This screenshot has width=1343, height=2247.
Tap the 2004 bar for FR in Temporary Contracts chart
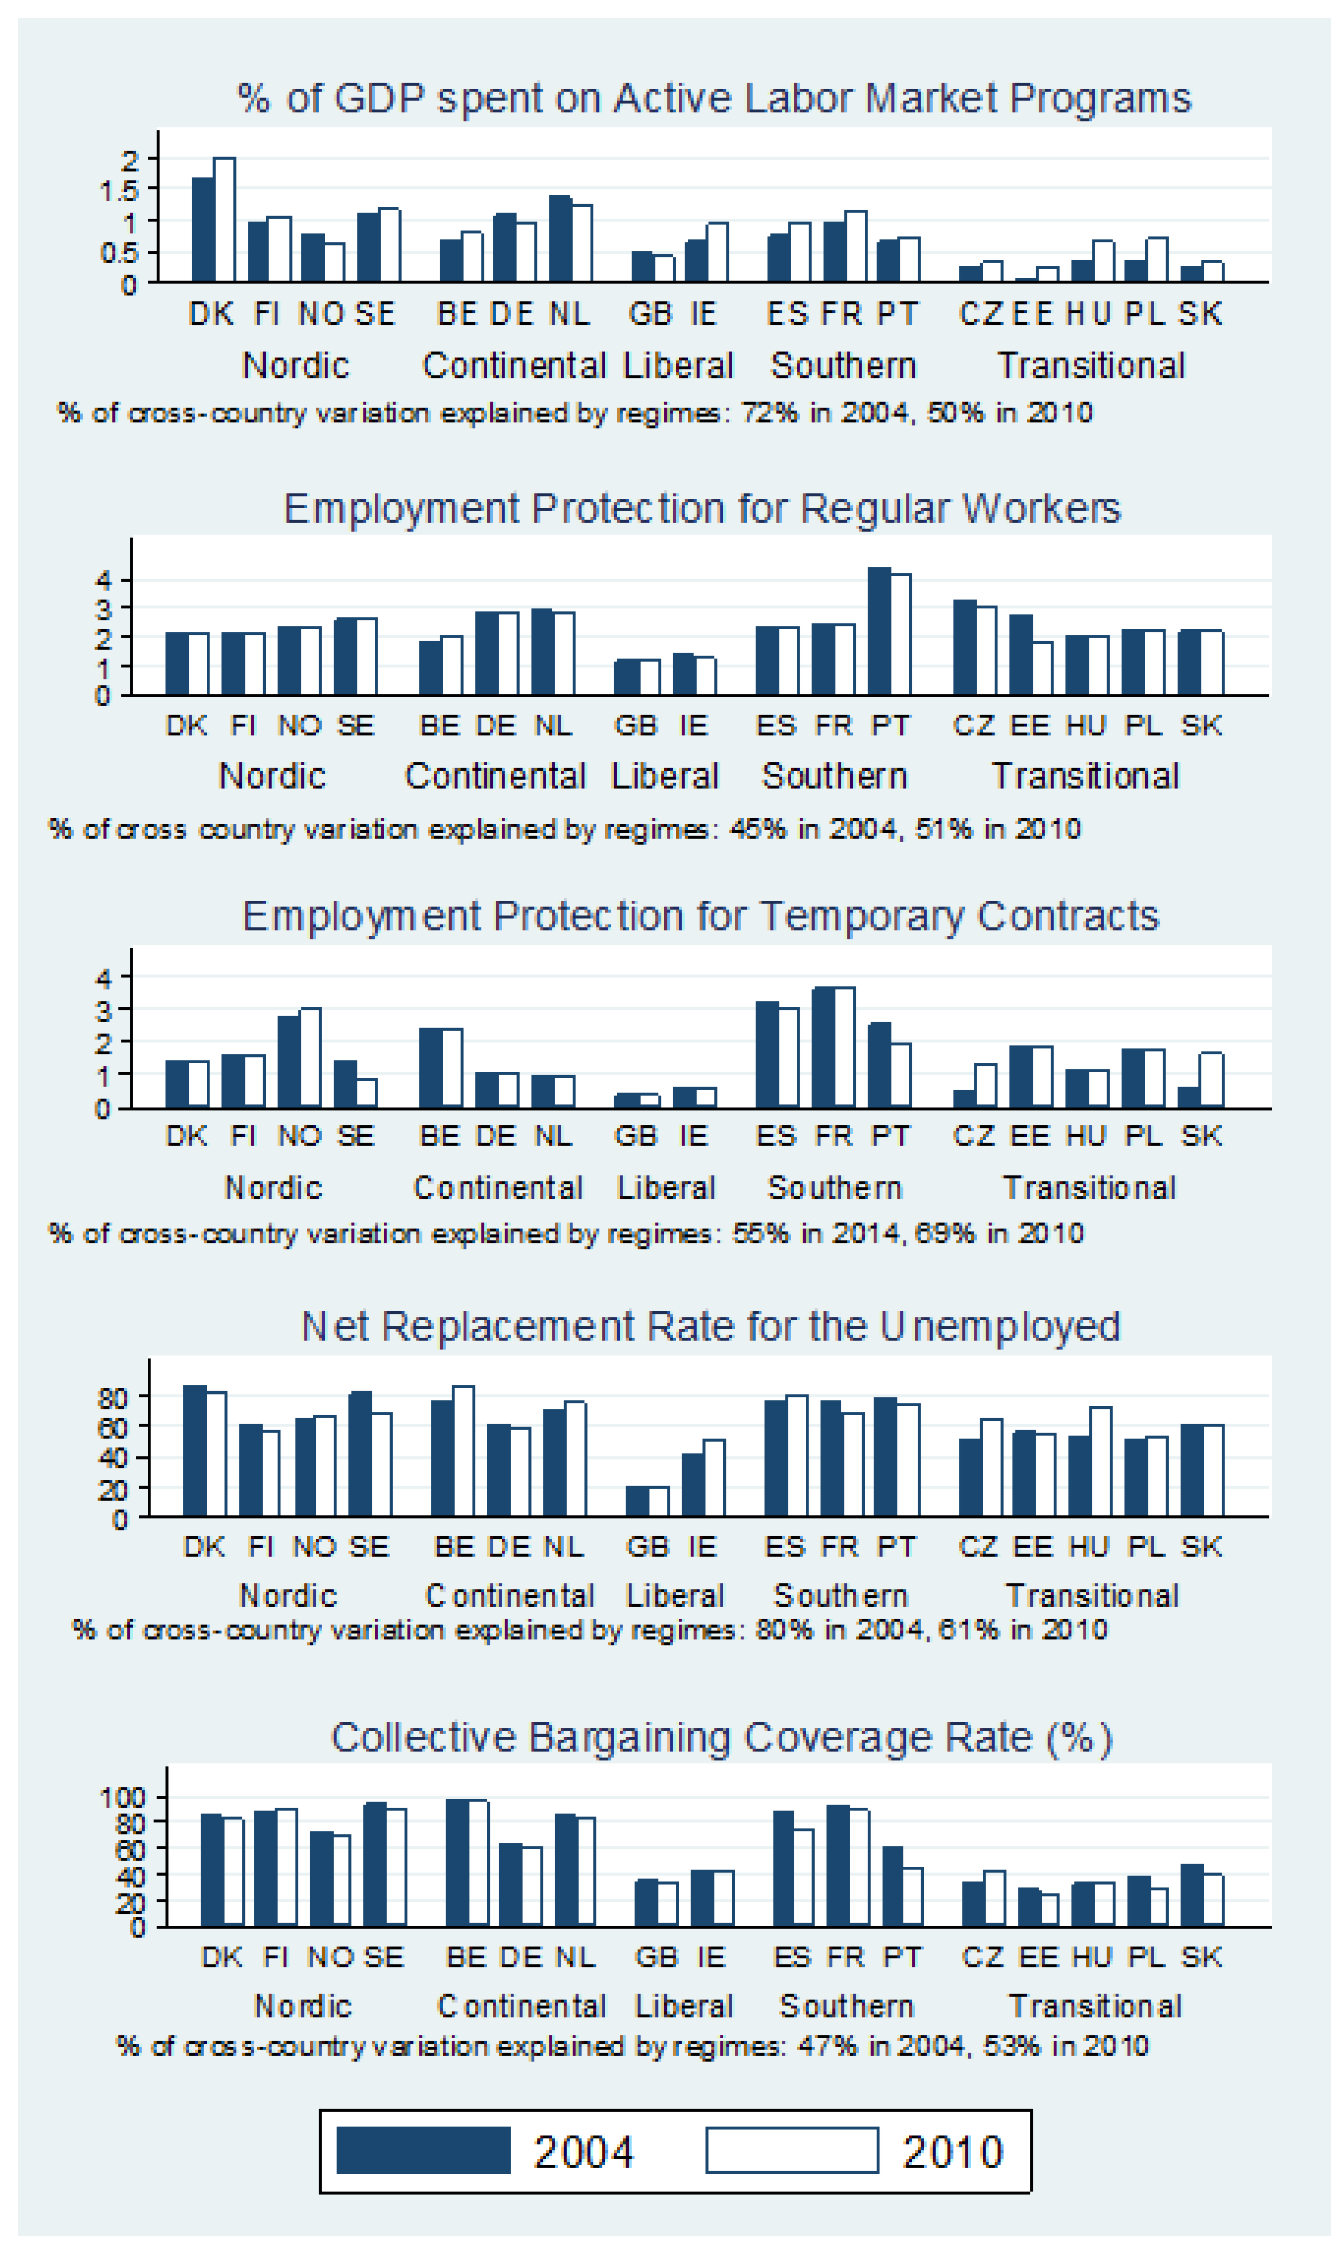(x=823, y=1048)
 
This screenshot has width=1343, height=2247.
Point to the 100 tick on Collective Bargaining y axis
(x=121, y=1797)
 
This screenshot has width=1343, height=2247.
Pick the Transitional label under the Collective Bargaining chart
(x=1094, y=2006)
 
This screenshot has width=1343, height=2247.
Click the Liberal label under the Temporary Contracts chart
(x=666, y=1188)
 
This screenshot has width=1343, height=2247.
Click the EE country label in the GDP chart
(x=1032, y=314)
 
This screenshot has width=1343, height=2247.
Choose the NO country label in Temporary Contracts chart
(x=299, y=1136)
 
